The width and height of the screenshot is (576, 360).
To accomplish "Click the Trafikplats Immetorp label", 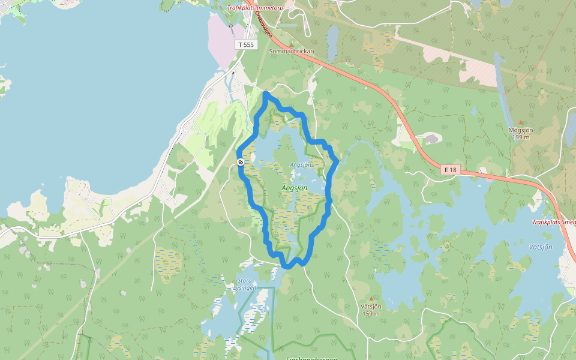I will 255,8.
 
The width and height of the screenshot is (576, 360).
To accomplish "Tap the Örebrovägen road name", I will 263,25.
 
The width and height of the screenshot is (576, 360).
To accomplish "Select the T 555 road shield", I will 246,44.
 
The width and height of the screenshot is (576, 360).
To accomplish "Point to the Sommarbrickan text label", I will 292,52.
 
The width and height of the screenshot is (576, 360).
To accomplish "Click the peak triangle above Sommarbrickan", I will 292,44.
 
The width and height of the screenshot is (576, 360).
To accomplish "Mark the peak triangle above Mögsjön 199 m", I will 520,122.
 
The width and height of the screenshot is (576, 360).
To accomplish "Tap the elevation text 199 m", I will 521,137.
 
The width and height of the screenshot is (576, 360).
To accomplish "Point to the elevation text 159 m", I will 371,314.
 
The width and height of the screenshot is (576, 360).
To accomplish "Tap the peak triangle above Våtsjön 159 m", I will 371,299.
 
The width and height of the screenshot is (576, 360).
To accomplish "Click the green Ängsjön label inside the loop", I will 294,188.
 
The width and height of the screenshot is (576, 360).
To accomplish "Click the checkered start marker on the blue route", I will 240,162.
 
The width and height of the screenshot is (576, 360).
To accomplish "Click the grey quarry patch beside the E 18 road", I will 430,139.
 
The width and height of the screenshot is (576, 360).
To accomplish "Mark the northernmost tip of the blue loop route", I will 266,94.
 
